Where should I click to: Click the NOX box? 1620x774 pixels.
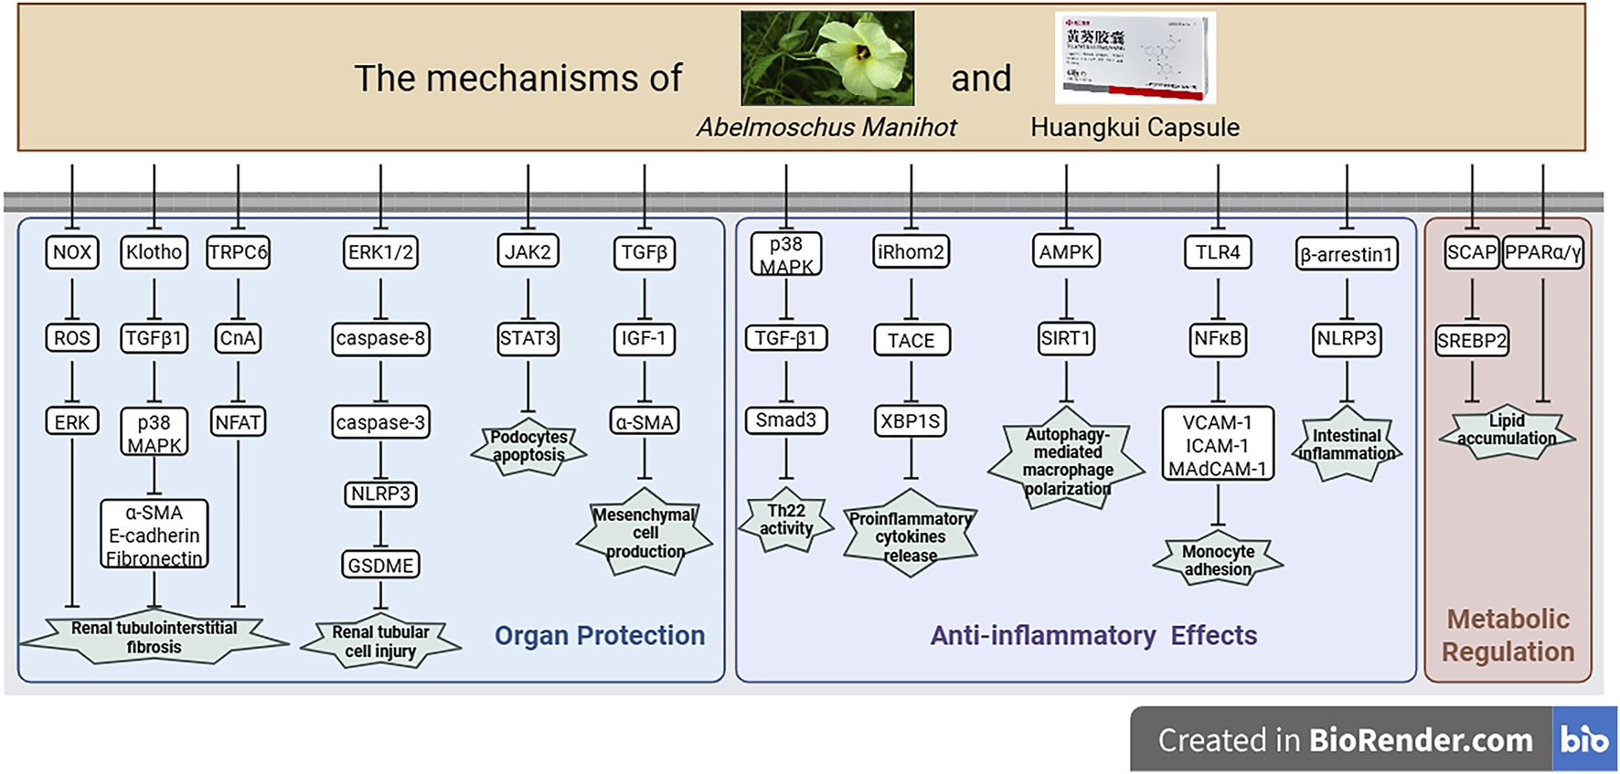72,252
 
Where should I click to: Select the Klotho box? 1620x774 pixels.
154,252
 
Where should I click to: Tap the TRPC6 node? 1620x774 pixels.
238,252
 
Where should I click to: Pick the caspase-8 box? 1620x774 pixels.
380,339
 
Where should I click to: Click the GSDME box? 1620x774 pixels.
380,566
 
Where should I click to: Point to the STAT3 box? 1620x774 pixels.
528,338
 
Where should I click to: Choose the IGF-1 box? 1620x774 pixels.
644,338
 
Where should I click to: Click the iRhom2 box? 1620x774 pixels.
911,252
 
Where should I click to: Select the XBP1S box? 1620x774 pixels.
911,421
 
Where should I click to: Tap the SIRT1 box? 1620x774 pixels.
1066,338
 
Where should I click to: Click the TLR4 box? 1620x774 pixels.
1218,252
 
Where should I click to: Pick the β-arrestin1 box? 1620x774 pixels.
1346,255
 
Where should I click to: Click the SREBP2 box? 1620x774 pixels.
1471,341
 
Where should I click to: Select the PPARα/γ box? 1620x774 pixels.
1542,253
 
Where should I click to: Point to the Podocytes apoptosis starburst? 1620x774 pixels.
528,447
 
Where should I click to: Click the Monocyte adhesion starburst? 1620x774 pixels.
1218,560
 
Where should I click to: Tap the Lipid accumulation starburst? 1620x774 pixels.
1507,429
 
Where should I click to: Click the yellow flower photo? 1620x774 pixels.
827,58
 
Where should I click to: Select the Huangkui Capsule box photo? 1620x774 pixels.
1135,57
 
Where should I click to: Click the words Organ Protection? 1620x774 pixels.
600,636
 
